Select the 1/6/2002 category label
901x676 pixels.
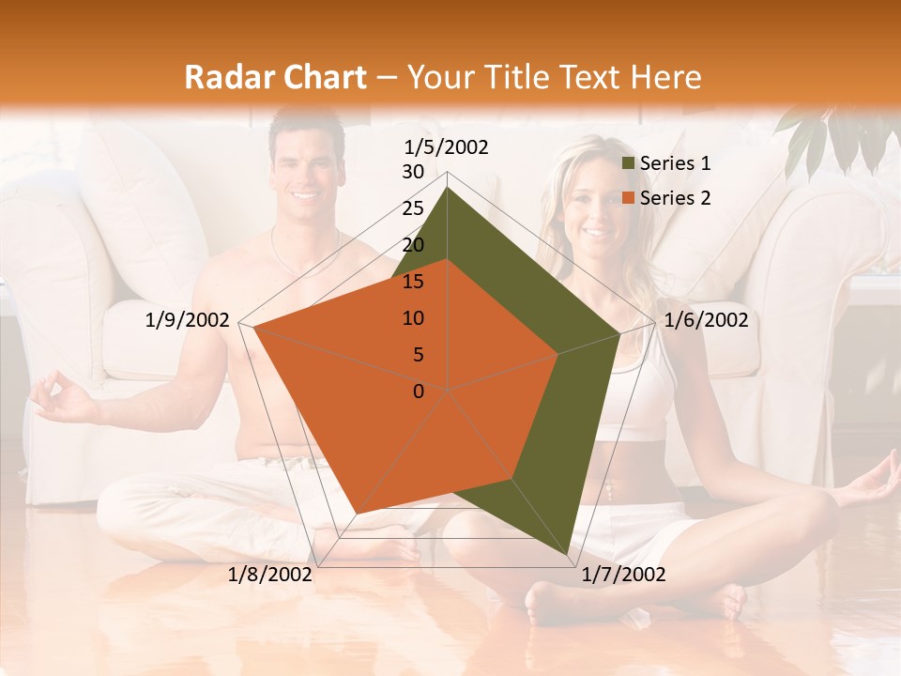706,320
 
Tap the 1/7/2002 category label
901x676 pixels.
623,575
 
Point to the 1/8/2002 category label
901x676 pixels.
270,575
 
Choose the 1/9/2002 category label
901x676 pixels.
188,320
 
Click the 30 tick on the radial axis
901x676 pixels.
413,172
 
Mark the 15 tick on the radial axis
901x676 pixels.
413,282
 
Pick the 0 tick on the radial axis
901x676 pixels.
419,392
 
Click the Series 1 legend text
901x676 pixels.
675,163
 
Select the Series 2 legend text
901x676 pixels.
675,198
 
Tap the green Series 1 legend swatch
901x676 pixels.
629,164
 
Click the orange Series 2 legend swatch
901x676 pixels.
629,198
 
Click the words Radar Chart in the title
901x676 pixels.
275,77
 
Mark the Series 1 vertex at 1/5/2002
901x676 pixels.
447,188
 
